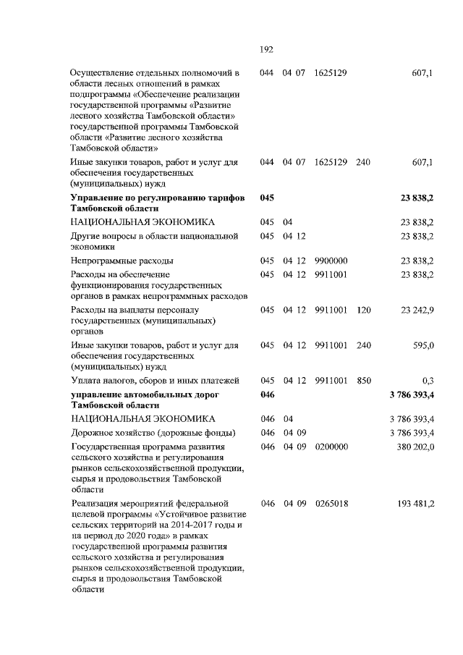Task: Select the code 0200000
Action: [332, 447]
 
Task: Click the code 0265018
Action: [332, 503]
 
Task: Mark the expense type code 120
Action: [363, 310]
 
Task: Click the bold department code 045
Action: [267, 198]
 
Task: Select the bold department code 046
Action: [267, 395]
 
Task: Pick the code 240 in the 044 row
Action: [363, 163]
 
